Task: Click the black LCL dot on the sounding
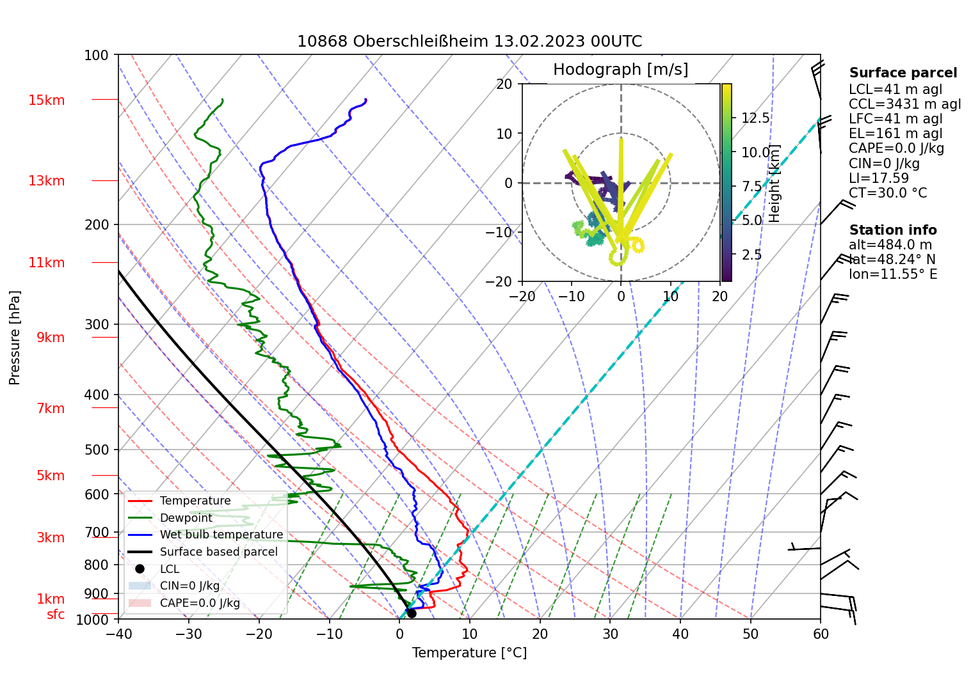pos(412,613)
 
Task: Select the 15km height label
pos(46,100)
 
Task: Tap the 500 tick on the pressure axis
pos(97,450)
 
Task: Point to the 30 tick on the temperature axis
pos(610,634)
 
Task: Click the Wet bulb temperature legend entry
pos(221,535)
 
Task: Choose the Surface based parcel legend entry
pos(218,552)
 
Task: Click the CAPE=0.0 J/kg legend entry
pos(200,603)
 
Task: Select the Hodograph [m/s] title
pos(620,70)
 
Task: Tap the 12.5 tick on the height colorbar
pos(755,118)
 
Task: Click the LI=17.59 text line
pos(878,178)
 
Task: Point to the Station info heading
pos(892,230)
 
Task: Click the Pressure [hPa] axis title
pos(15,338)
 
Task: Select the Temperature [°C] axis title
pos(469,653)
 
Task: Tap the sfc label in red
pos(56,615)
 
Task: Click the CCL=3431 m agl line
pos(904,104)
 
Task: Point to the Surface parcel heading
pos(903,73)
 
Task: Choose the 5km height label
pos(51,476)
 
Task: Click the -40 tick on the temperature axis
pos(118,634)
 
